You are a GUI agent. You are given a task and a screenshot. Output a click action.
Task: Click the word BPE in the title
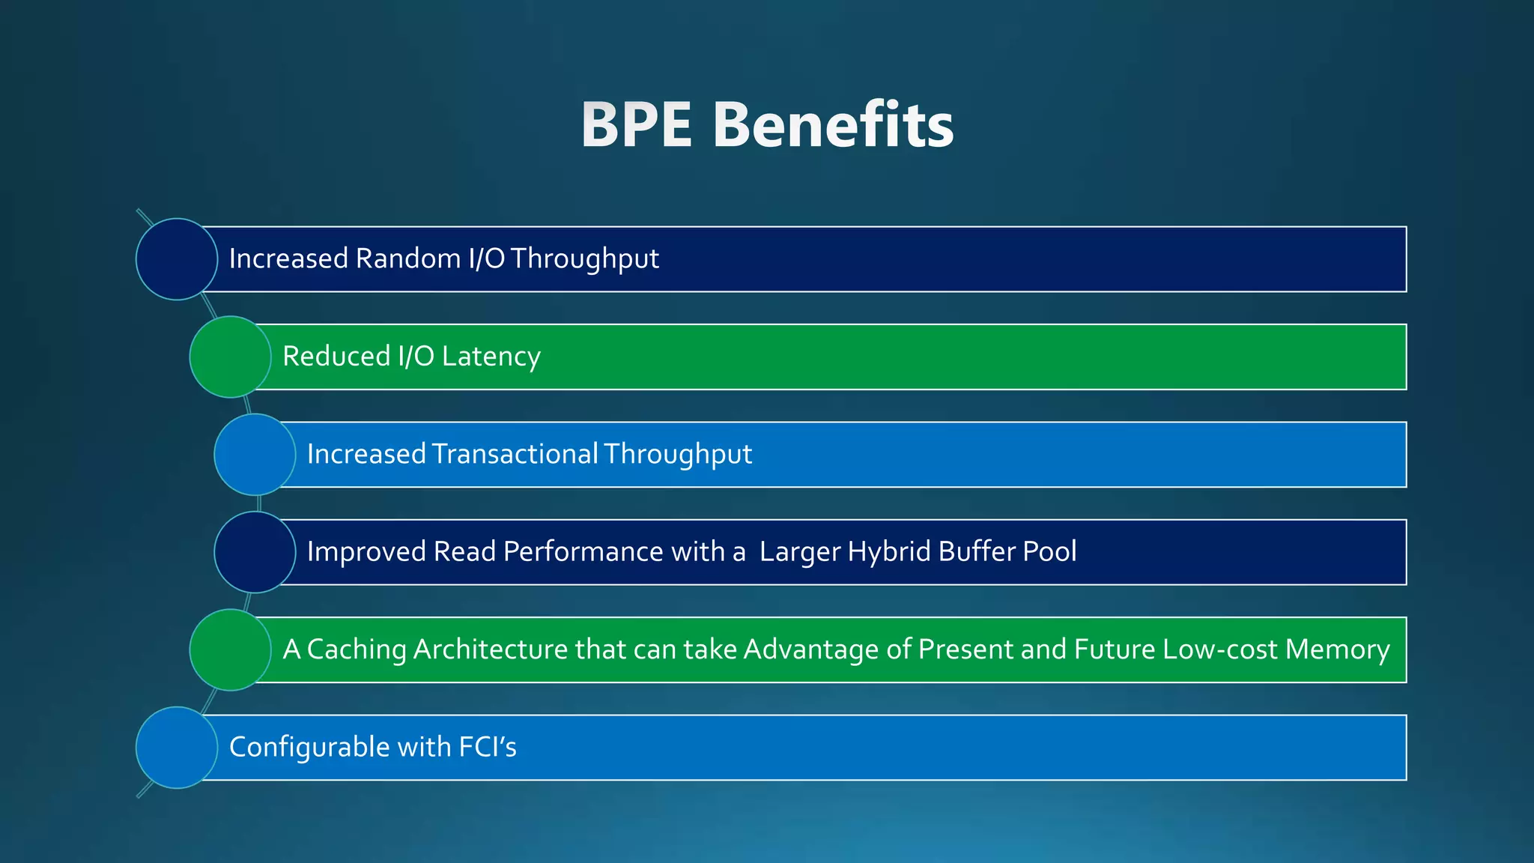tap(636, 125)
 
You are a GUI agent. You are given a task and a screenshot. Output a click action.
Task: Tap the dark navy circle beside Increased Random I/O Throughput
tap(177, 259)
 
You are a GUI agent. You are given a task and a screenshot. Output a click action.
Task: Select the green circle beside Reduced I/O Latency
tap(231, 357)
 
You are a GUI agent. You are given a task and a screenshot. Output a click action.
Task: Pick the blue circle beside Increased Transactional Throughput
tap(255, 455)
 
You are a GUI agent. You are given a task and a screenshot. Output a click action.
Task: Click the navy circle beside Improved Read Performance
tap(255, 552)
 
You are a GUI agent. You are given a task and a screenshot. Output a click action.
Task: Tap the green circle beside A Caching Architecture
tap(231, 649)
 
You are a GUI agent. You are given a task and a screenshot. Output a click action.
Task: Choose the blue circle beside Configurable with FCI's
tap(177, 748)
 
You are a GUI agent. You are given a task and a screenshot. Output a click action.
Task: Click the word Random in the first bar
tap(407, 258)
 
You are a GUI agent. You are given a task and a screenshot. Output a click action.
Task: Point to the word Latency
tap(491, 357)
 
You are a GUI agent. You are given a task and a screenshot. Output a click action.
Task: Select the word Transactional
tap(515, 454)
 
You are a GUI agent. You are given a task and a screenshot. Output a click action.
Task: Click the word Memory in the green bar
tap(1337, 649)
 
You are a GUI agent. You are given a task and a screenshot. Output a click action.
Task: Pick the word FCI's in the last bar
tap(487, 747)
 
